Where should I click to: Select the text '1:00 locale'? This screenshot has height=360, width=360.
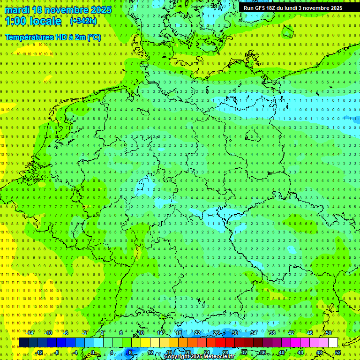point(33,21)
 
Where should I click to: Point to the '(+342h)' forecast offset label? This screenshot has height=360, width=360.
point(83,21)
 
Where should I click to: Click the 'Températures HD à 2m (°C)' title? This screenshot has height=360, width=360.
point(52,37)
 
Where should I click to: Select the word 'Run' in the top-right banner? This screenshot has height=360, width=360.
point(249,8)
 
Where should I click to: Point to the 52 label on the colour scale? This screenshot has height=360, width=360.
point(338,352)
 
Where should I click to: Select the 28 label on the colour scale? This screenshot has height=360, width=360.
point(225,352)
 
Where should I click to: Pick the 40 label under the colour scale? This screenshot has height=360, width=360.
point(282,352)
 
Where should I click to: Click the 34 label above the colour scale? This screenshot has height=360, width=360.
point(254,333)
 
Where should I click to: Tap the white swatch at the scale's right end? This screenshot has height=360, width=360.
point(333,343)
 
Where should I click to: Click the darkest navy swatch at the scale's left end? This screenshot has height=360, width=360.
point(24,343)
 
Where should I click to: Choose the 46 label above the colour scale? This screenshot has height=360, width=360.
point(310,333)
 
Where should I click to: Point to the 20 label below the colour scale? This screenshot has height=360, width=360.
point(188,352)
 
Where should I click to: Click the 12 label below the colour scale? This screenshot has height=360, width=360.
point(150,352)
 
